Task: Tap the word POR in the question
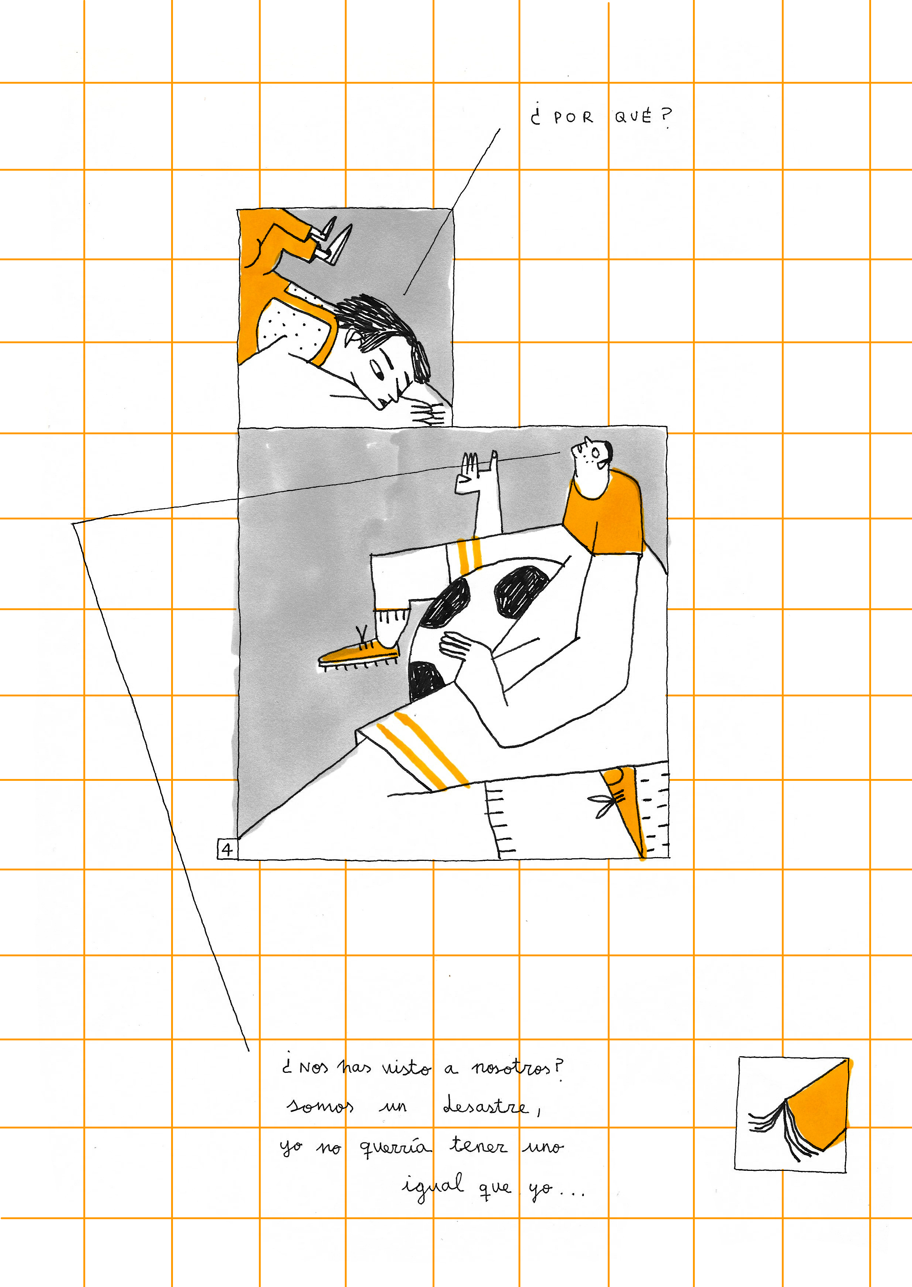(x=573, y=117)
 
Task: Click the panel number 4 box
(x=227, y=849)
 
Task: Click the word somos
(x=320, y=1106)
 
